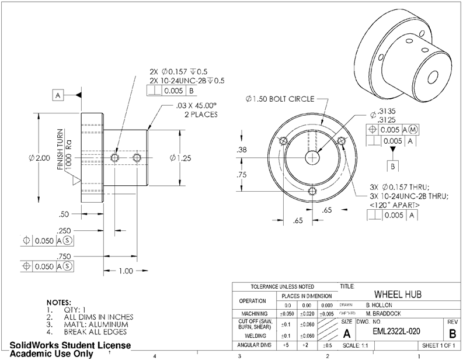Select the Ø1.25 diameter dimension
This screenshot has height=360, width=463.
181,158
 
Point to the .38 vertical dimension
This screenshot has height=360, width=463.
242,150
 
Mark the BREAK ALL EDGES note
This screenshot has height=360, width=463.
97,331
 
